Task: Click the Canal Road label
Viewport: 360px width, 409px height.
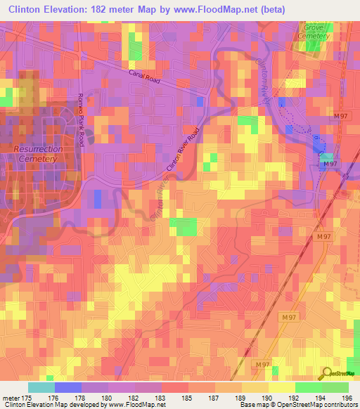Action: point(145,76)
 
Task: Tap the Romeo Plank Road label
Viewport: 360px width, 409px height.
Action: point(81,120)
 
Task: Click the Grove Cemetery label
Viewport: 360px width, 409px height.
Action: point(313,31)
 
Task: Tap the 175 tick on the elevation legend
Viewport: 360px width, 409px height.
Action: point(28,397)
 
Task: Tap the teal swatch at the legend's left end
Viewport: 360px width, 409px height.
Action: point(41,387)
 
